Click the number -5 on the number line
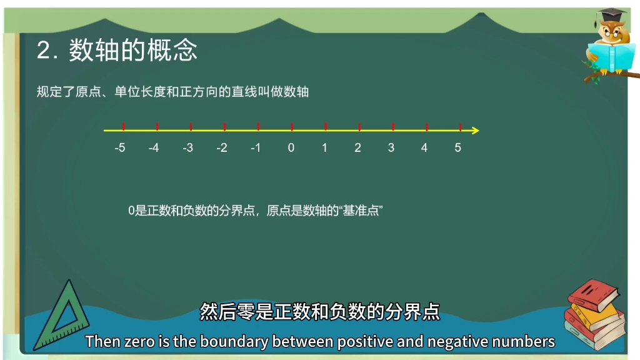click(120, 147)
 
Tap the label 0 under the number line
click(291, 147)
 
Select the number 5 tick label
click(458, 147)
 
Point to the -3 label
click(187, 147)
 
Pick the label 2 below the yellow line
click(357, 147)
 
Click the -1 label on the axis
click(256, 147)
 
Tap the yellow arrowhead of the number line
click(476, 131)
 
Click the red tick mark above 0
click(292, 127)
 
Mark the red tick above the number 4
click(427, 127)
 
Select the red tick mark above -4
click(157, 127)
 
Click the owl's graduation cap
click(611, 16)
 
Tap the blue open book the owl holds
click(611, 57)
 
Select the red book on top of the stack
click(594, 295)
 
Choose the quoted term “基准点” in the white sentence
click(361, 211)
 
